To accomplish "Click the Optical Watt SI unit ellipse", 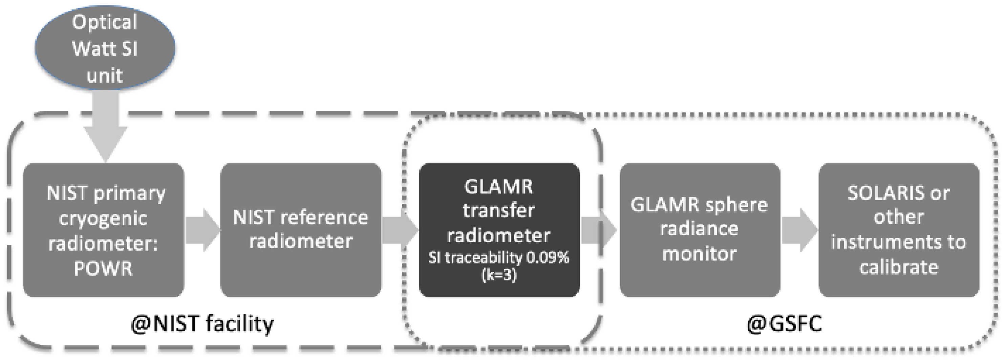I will [105, 48].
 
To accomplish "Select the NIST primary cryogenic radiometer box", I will [103, 230].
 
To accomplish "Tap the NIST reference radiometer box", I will [300, 230].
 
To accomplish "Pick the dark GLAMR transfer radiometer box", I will [499, 230].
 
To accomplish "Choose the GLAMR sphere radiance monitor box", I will [699, 230].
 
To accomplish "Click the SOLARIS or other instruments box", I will [898, 230].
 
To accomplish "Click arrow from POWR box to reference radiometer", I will [202, 230].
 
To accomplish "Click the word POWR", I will [103, 268].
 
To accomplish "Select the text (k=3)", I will [499, 275].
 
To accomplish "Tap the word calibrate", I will [898, 268].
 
